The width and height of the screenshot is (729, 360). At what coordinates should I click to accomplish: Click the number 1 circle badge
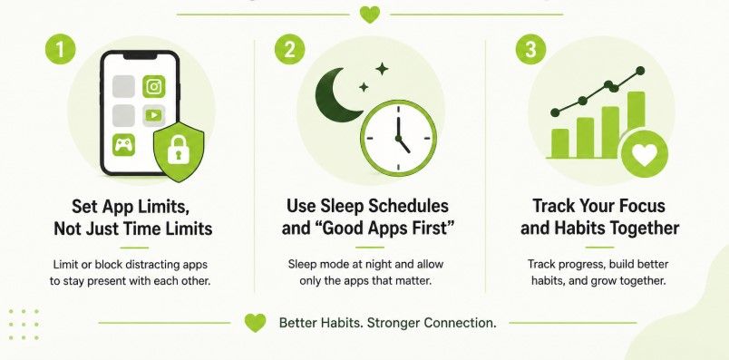60,49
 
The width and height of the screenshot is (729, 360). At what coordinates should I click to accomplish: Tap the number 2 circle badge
289,49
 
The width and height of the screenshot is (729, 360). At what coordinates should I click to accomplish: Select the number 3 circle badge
530,49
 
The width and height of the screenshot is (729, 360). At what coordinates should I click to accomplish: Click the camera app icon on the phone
154,86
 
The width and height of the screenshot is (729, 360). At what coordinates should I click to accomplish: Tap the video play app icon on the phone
154,115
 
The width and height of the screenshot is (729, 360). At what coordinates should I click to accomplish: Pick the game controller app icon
124,145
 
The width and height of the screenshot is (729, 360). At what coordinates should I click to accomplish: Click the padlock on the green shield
178,150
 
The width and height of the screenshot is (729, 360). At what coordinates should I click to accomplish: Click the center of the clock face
398,138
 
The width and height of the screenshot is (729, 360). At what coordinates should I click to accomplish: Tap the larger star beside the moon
382,69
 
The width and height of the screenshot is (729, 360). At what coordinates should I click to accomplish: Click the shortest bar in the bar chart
560,143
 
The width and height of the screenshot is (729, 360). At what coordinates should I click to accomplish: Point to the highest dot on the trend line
640,71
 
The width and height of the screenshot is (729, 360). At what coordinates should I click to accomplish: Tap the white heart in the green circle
645,154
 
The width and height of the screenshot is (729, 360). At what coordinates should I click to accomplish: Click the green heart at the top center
370,15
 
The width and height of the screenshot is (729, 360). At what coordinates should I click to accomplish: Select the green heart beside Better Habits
256,323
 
